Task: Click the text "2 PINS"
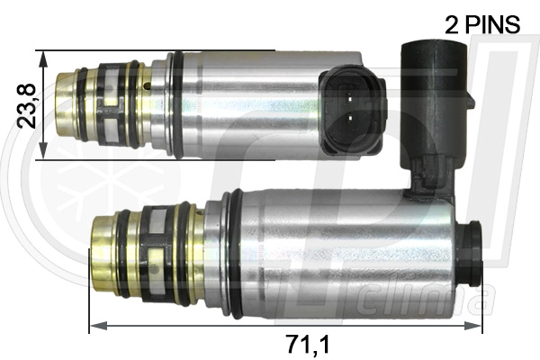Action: (482, 23)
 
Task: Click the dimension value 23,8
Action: (27, 105)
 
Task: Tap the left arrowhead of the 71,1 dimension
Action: (94, 325)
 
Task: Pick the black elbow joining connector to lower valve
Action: (430, 175)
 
